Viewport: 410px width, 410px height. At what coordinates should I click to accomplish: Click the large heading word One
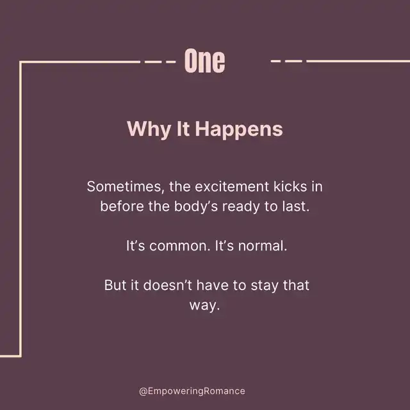[204, 61]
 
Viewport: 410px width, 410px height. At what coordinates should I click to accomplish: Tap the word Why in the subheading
[149, 129]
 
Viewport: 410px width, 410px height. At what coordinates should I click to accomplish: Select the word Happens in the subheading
[239, 129]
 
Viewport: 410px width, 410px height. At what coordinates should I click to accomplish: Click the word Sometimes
[126, 187]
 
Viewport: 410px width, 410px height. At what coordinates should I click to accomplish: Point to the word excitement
[232, 186]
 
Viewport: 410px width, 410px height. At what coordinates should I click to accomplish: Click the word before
[122, 206]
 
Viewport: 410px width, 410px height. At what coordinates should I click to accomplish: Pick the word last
[296, 206]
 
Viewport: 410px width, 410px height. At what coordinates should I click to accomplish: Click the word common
[180, 246]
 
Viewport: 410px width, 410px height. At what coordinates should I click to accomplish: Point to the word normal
[263, 246]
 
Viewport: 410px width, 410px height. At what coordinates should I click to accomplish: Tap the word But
[115, 285]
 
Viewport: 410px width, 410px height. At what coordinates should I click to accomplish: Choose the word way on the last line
[204, 306]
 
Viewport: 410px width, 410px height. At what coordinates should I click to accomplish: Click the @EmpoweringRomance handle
[192, 391]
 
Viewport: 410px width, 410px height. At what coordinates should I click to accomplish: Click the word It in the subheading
[183, 129]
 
